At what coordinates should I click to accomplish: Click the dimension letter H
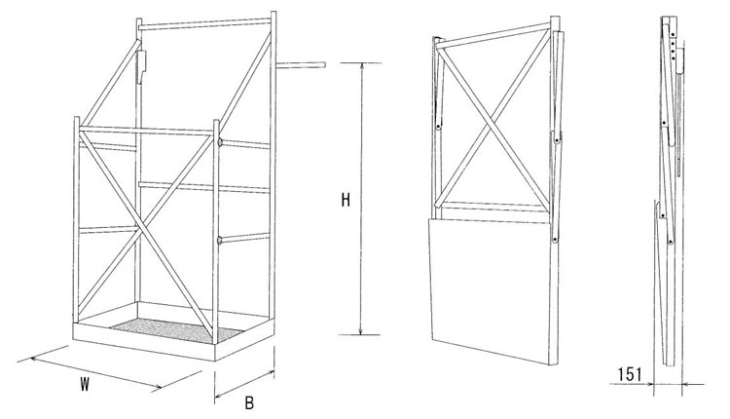tap(345, 202)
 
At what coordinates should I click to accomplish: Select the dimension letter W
tap(86, 384)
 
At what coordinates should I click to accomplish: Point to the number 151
tap(632, 371)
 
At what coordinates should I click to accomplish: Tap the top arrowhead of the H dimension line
tap(363, 66)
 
